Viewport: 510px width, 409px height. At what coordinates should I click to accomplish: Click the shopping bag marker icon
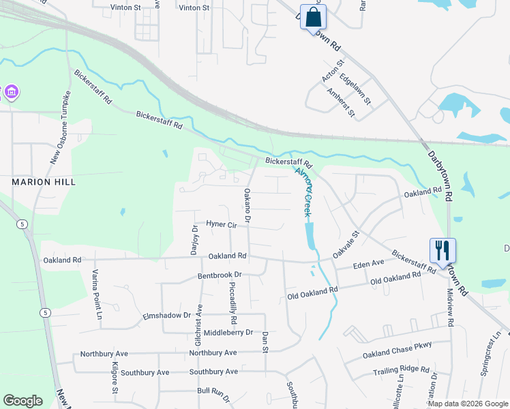pos(313,18)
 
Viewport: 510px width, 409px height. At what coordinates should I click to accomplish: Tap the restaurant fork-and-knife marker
pos(442,251)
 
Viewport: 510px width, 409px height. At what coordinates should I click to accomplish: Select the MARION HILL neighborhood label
pos(43,183)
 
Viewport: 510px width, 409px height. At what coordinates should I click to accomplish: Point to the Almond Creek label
pos(304,192)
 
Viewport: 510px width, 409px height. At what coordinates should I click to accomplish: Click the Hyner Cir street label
pos(220,224)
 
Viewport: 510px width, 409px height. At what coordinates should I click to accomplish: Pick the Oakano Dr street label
pos(247,205)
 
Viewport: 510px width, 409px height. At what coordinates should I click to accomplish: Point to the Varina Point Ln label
pos(97,287)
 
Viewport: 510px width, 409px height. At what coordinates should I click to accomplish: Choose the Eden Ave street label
pos(367,262)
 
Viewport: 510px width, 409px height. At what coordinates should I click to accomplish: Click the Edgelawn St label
pos(355,89)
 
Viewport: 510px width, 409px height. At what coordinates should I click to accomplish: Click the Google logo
pos(22,401)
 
